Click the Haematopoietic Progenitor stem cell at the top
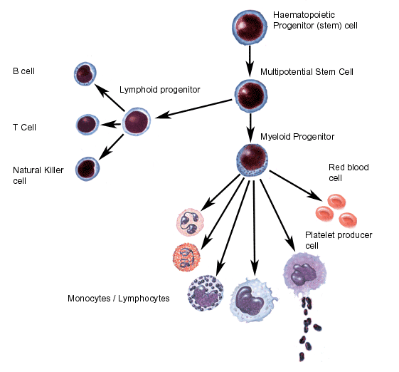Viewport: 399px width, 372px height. [250, 27]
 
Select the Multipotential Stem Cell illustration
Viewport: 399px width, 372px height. [251, 96]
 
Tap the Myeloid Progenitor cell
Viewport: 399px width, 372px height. [252, 160]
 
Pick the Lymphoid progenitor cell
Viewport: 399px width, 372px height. [137, 122]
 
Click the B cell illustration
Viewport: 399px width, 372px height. [85, 73]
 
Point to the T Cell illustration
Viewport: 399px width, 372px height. [87, 125]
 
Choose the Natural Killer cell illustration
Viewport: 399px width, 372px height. [87, 169]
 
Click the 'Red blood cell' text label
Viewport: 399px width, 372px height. [349, 172]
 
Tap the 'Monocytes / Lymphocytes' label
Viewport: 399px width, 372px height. [119, 299]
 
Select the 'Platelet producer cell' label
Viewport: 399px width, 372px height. [339, 240]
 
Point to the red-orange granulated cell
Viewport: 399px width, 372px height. [186, 257]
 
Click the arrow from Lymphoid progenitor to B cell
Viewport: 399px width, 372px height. [110, 98]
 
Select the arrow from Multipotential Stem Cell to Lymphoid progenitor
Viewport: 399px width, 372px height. [193, 109]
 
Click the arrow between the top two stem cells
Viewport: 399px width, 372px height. [250, 61]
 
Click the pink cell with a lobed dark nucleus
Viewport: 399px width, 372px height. [191, 222]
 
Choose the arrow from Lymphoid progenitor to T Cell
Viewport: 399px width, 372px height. [111, 125]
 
